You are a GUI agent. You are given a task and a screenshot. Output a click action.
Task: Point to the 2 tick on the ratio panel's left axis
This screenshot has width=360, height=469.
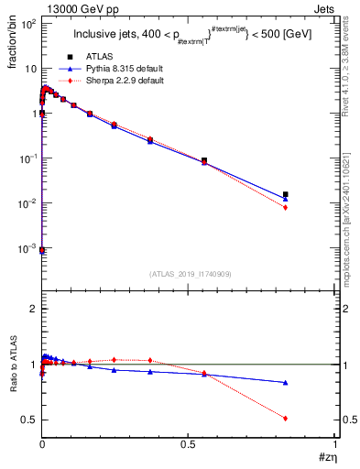31,310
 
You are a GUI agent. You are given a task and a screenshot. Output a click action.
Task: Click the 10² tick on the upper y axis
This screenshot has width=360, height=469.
27,24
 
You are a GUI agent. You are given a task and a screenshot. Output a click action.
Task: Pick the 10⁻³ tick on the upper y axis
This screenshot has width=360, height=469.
27,248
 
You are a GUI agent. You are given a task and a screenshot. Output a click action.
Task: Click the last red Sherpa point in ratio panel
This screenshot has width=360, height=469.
286,418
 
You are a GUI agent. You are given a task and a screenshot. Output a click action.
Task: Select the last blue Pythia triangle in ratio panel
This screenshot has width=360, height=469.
286,382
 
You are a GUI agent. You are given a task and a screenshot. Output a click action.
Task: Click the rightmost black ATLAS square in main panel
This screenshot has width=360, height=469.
286,194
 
